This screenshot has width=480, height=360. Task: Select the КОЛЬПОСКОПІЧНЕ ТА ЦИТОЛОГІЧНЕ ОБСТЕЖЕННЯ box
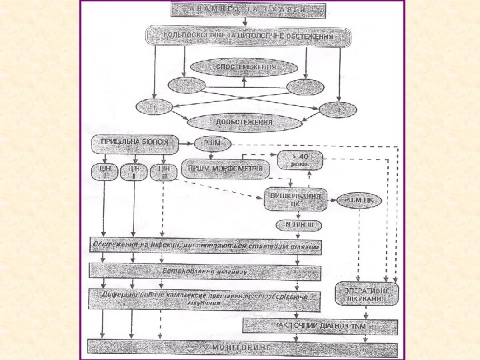point(248,36)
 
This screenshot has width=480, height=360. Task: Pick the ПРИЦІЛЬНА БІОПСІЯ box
point(136,143)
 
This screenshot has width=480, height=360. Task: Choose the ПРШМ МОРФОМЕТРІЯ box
point(227,169)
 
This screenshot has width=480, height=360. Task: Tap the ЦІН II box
point(134,172)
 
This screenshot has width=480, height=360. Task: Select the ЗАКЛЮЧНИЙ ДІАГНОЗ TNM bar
point(321,325)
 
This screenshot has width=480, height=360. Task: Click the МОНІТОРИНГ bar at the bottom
point(243,349)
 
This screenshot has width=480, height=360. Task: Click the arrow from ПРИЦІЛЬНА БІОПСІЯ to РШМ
point(187,143)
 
